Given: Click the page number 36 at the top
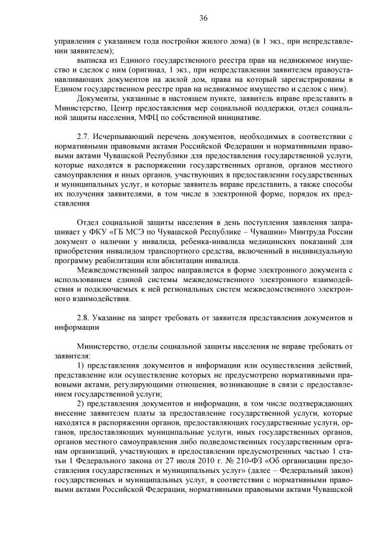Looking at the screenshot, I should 203,18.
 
